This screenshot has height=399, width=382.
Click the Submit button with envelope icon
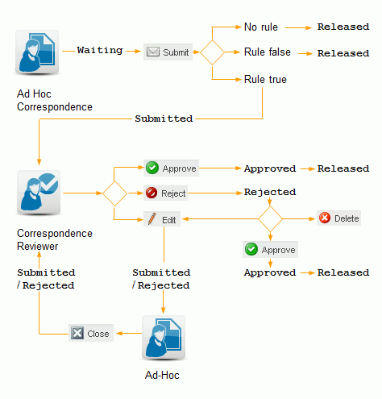tap(168, 52)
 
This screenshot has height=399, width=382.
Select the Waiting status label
tap(99, 50)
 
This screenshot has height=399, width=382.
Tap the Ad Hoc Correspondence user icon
tap(37, 52)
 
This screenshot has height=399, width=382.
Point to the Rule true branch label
tap(265, 79)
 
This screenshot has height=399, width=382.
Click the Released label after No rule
tap(343, 27)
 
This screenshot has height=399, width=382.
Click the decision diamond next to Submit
tap(212, 52)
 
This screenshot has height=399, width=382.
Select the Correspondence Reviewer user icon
tap(37, 193)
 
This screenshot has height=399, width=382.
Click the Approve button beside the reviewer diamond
tap(171, 168)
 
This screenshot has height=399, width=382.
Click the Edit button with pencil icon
tap(162, 218)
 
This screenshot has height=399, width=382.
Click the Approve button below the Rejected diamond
tap(270, 249)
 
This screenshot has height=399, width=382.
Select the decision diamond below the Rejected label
tap(270, 218)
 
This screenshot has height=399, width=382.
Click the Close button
tap(90, 333)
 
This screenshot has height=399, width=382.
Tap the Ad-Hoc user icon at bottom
tap(164, 337)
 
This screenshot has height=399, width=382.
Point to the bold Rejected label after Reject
tap(269, 193)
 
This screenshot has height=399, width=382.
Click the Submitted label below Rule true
tap(164, 118)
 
